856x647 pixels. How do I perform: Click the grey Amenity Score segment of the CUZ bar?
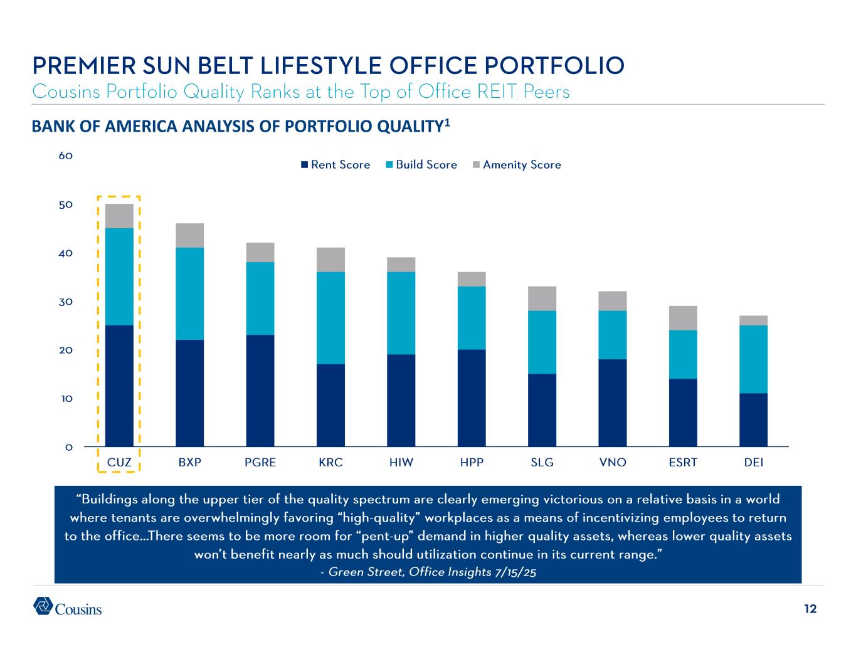119,216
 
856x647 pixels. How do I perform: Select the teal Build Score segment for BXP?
189,293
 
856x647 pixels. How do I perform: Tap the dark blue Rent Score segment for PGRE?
260,390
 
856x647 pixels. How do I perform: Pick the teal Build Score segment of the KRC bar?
330,318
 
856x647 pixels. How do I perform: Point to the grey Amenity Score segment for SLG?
542,298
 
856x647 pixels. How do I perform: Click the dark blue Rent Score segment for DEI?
753,419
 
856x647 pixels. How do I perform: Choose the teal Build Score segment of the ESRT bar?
683,354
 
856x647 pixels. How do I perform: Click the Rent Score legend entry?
336,165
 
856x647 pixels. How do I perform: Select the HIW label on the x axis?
401,463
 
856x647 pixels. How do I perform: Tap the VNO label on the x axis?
613,463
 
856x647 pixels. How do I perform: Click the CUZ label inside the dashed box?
119,463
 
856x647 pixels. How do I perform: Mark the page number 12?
810,609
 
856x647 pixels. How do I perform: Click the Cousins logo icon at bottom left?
43,606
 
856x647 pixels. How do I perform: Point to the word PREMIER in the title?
80,65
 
